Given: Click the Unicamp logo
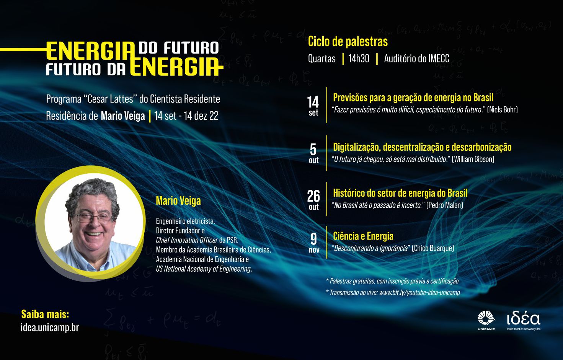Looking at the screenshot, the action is tap(486, 320).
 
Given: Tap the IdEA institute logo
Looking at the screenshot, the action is tap(524, 321).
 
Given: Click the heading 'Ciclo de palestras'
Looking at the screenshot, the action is tap(348, 41).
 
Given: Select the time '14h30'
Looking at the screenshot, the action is tap(359, 59).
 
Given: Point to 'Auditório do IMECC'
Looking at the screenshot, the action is tap(416, 59).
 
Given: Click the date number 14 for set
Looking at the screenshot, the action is tap(313, 102).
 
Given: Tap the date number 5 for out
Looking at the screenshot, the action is tap(313, 150).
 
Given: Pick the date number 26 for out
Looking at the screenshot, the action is tap(313, 196).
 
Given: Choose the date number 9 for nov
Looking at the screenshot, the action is tap(313, 239).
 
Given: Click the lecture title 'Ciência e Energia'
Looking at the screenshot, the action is tap(363, 236).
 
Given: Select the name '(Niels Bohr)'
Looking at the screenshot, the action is tap(503, 110).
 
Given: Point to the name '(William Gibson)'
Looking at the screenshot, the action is tap(473, 159).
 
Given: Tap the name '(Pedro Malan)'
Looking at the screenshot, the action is tap(445, 205).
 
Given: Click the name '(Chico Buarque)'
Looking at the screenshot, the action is tap(433, 248).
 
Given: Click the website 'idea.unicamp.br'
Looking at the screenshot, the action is tap(50, 327).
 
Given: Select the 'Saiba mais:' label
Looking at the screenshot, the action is tap(45, 314).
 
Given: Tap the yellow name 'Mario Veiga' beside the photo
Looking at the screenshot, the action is tap(178, 201).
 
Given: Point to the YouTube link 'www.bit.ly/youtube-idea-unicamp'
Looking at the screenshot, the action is tap(419, 293).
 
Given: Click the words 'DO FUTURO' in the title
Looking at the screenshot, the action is tap(179, 48).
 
